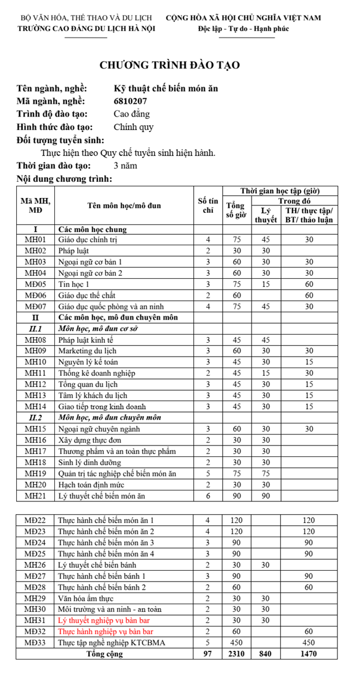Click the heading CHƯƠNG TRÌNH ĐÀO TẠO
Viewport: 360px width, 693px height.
170,65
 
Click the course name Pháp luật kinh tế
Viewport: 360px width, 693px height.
86,340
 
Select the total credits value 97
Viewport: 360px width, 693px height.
208,654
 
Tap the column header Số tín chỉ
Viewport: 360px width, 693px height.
208,205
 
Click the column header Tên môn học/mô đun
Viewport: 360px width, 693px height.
124,205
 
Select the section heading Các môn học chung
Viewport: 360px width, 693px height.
92,229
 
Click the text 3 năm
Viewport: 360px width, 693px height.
126,166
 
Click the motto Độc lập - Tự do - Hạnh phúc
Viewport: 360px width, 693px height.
243,29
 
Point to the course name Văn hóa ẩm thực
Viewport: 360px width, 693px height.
86,598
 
